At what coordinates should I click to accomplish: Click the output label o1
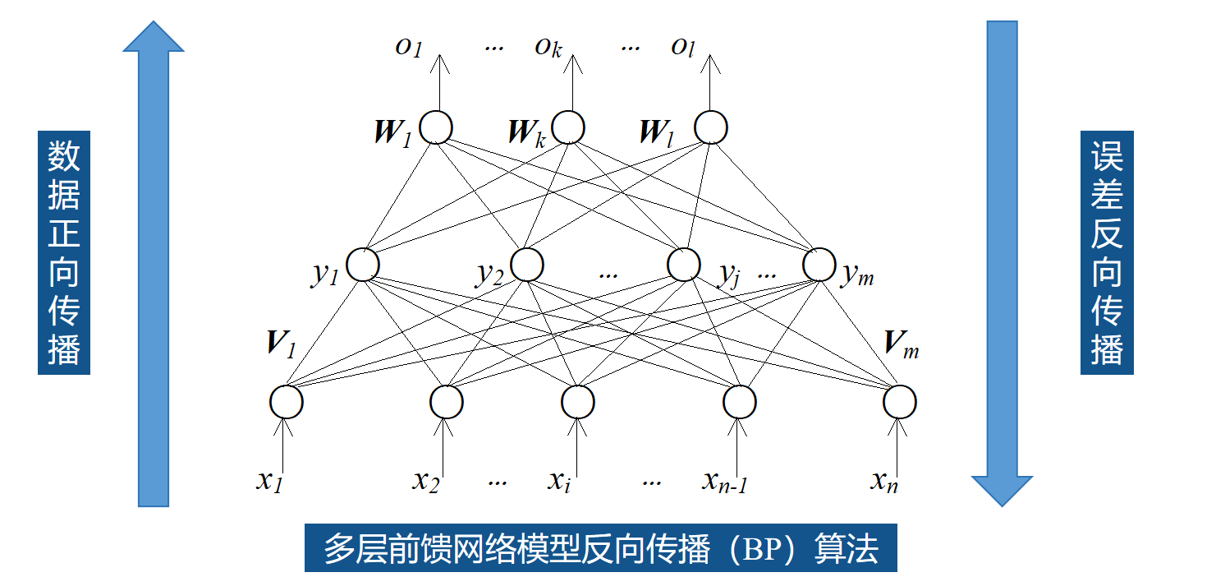(x=408, y=48)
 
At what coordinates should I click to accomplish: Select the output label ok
(x=548, y=48)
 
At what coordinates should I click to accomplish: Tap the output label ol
(x=683, y=48)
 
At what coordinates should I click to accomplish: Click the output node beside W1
(x=436, y=128)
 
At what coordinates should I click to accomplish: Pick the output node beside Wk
(x=568, y=128)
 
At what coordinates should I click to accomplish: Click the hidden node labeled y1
(x=363, y=265)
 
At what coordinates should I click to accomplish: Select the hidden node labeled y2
(x=527, y=265)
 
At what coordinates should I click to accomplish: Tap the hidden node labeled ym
(x=819, y=265)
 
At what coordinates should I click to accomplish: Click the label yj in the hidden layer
(x=729, y=275)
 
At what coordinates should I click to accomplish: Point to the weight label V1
(x=280, y=344)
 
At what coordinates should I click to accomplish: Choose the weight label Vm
(x=901, y=345)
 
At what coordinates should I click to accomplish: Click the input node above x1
(x=287, y=402)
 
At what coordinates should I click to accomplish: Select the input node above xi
(x=578, y=402)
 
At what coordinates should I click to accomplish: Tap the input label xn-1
(x=724, y=482)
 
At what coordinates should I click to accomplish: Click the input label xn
(x=884, y=482)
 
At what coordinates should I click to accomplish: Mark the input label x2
(x=425, y=482)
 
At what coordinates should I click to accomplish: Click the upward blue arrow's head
(x=154, y=39)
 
